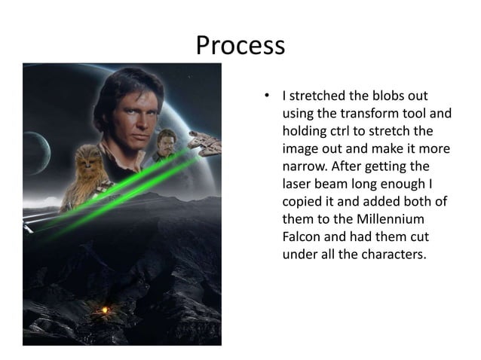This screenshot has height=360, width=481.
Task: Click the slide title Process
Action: [x=240, y=46]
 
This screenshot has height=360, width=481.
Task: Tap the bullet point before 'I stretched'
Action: [x=265, y=96]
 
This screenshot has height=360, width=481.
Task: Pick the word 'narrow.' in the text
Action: [x=305, y=166]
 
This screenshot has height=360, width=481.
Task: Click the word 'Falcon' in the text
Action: [x=302, y=236]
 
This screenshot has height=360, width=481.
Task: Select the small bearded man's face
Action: [x=166, y=143]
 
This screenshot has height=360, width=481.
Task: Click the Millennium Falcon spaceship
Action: [x=205, y=141]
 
